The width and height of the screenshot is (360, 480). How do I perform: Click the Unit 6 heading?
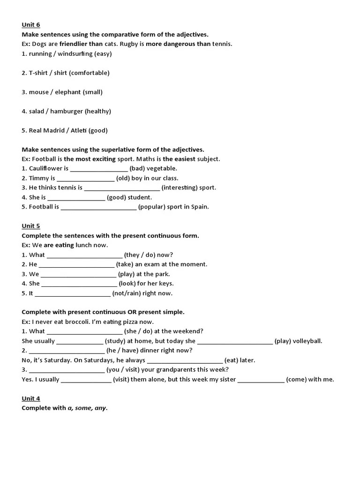click(x=31, y=25)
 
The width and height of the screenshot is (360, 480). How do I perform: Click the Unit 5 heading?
click(x=31, y=226)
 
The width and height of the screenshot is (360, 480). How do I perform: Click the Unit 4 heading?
click(x=31, y=398)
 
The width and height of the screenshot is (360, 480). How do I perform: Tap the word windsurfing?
click(x=75, y=54)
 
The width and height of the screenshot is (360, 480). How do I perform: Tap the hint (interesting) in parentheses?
click(x=188, y=187)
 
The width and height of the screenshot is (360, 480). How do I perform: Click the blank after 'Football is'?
click(x=98, y=207)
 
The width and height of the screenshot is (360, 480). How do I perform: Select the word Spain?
click(x=200, y=207)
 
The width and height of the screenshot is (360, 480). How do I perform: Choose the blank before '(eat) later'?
click(x=185, y=361)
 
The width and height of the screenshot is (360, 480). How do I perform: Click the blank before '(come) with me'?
click(x=261, y=380)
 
